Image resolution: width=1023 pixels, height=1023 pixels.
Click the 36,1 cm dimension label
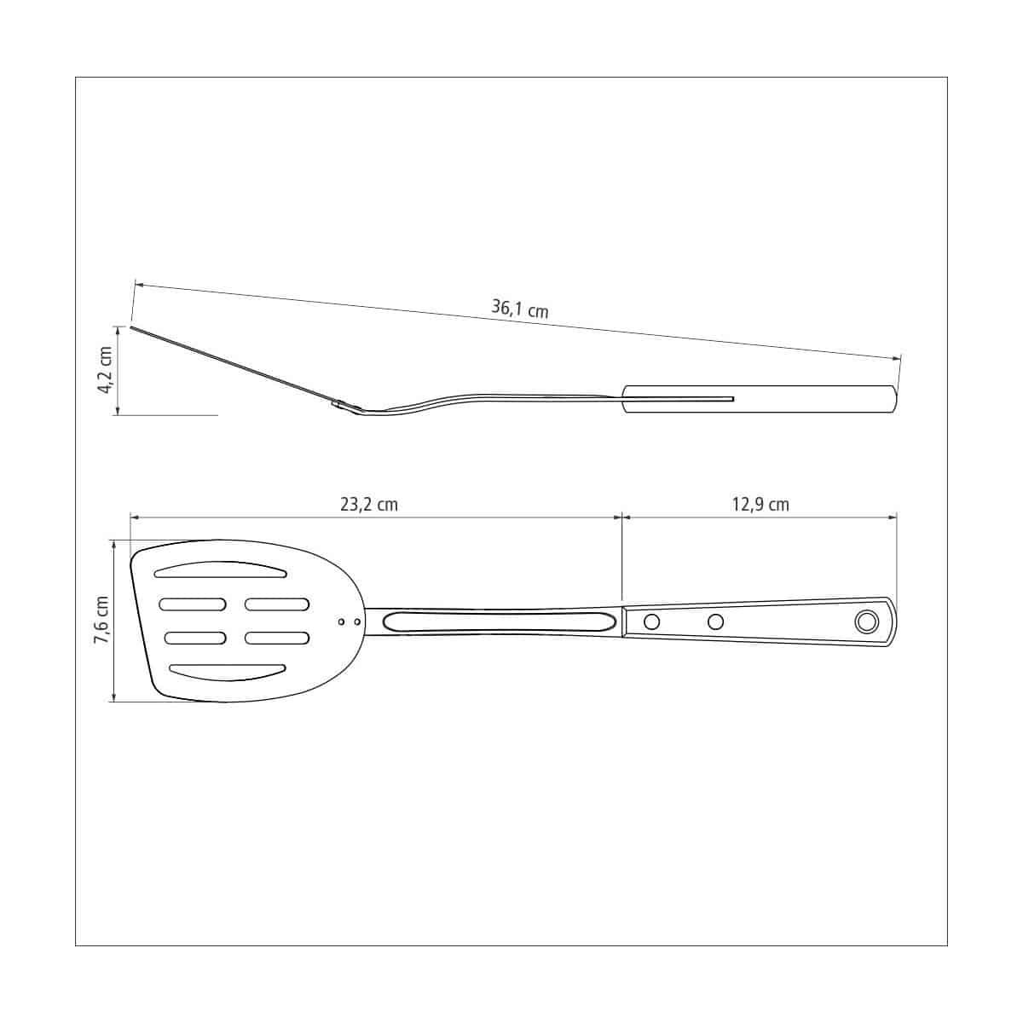519,308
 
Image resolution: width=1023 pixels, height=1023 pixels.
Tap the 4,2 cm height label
105,370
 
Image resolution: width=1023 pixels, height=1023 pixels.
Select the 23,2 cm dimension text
369,504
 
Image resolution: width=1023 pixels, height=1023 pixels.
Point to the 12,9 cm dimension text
760,504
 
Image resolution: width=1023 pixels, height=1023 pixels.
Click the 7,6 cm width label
101,620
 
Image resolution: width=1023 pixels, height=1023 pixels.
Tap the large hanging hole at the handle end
866,621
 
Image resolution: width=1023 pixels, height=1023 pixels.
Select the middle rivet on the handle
715,621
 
